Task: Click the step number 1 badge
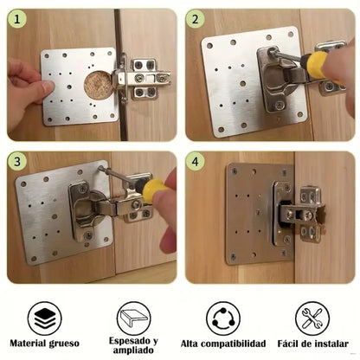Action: point(17,19)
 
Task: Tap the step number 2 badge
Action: point(196,19)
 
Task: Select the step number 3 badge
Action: point(17,161)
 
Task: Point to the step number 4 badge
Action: point(196,161)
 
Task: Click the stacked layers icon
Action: point(45,318)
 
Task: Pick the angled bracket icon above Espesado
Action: point(134,318)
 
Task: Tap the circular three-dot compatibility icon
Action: point(223,318)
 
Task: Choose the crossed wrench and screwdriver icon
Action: point(312,318)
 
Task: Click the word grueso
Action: point(64,344)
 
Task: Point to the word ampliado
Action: point(133,350)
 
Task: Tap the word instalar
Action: point(331,344)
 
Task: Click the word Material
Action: point(29,344)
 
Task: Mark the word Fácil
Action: point(286,344)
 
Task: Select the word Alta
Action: point(190,344)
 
